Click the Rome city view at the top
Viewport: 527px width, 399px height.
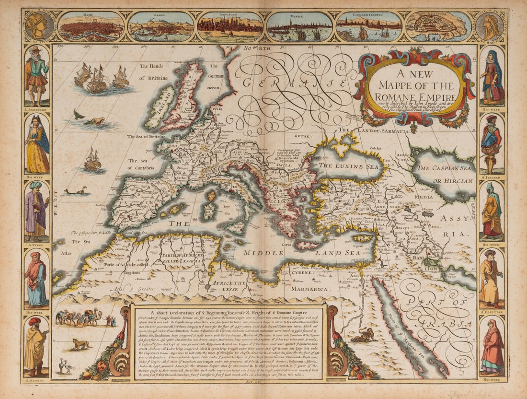91,27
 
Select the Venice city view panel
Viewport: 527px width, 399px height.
299,27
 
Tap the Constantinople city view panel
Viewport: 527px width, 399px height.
369,27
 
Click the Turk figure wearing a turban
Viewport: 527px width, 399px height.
37,211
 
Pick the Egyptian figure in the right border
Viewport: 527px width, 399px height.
492,278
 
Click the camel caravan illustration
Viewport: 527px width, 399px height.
79,317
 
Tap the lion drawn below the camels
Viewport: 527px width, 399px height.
80,344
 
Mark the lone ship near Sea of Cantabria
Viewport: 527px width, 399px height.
93,160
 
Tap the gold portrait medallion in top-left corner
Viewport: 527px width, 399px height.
39,26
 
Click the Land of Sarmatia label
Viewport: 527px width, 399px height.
371,129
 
